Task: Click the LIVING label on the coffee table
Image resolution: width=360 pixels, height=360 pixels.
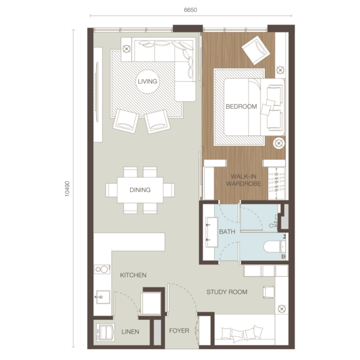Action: point(148,82)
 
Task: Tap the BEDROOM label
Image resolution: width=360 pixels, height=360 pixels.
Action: point(241,107)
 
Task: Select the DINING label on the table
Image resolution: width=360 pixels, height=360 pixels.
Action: point(140,190)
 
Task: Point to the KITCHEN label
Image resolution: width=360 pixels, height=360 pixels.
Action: point(133,275)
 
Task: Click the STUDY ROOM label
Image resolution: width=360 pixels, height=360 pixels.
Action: point(227,292)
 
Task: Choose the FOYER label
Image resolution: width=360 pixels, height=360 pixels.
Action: point(179,331)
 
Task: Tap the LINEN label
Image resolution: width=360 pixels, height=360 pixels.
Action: point(130,332)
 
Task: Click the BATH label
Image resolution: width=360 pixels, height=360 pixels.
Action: point(227,232)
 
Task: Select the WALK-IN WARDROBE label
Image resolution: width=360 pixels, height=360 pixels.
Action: point(244,180)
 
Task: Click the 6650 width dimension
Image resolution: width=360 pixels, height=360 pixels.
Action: point(191,10)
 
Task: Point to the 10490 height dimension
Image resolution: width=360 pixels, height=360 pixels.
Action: point(67,189)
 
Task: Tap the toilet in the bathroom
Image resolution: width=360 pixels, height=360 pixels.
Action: point(275,247)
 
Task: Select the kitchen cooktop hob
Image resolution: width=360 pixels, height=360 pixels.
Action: point(102,269)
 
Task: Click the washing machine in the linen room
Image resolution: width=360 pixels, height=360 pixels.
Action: point(106,332)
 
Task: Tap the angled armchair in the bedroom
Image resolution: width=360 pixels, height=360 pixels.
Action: point(256,50)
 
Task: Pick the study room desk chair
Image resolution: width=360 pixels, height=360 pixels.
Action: point(269,292)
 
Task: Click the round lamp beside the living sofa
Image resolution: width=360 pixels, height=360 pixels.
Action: point(126,49)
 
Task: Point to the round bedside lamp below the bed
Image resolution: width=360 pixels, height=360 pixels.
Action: point(279,143)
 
